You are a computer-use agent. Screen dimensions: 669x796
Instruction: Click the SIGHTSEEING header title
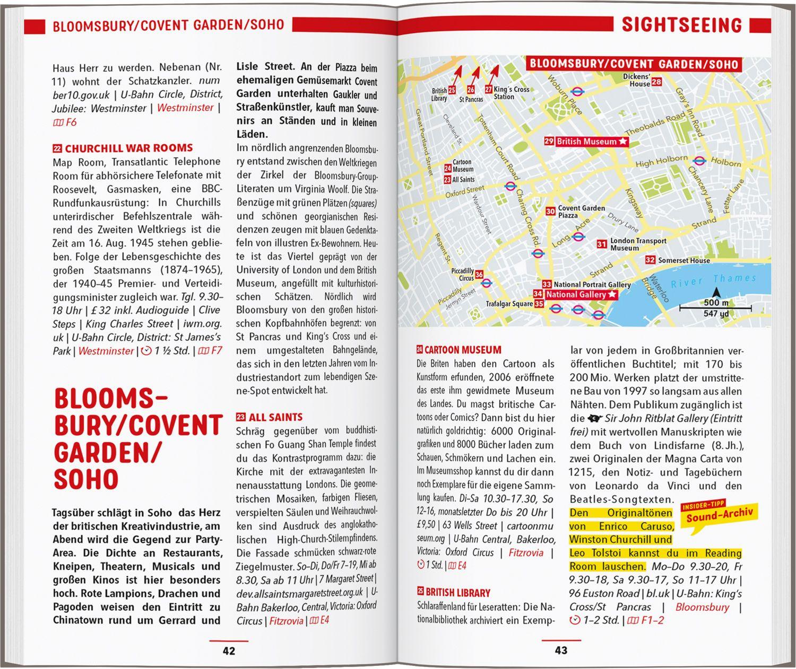pyautogui.click(x=681, y=25)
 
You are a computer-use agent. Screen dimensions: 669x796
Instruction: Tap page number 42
pyautogui.click(x=229, y=650)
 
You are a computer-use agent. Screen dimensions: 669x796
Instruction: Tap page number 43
pyautogui.click(x=561, y=650)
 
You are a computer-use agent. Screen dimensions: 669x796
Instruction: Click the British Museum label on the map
pyautogui.click(x=586, y=142)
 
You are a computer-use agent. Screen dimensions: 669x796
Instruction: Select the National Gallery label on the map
pyautogui.click(x=576, y=294)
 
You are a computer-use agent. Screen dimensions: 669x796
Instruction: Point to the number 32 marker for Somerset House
pyautogui.click(x=650, y=260)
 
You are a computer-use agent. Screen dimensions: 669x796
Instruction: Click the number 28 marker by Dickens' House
pyautogui.click(x=656, y=82)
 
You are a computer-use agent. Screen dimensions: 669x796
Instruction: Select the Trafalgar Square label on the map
pyautogui.click(x=509, y=304)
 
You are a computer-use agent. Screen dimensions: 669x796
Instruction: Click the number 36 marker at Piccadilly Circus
pyautogui.click(x=479, y=275)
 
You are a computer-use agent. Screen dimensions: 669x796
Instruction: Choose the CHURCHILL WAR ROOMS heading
pyautogui.click(x=128, y=148)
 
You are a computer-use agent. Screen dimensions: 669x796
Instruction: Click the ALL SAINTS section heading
pyautogui.click(x=275, y=417)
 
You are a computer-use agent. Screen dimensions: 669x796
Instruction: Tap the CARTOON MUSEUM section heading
pyautogui.click(x=463, y=350)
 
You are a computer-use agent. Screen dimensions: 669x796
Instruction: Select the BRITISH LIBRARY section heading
pyautogui.click(x=457, y=593)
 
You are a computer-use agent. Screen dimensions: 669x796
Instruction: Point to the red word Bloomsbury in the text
pyautogui.click(x=702, y=607)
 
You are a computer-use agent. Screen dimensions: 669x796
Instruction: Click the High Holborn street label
pyautogui.click(x=661, y=161)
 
